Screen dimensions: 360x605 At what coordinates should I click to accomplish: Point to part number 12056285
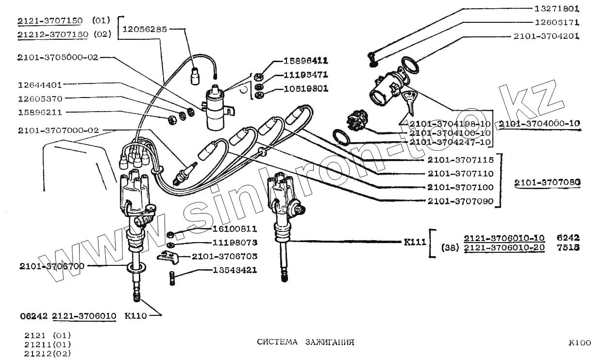145,29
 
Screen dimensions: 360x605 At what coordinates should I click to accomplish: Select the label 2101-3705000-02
58,57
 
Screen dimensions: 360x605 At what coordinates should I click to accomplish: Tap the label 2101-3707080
548,183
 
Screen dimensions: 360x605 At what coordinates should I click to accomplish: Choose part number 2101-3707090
460,201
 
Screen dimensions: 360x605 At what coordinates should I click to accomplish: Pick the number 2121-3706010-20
504,248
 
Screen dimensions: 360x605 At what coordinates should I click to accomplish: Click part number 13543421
235,270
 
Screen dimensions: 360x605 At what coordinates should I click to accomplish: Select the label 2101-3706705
224,256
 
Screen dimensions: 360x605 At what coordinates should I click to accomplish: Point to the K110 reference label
135,316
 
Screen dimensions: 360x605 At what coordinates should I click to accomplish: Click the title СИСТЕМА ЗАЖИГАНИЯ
305,342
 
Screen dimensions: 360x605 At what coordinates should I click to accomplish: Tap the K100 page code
580,343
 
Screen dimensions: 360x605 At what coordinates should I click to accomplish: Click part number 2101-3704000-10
539,123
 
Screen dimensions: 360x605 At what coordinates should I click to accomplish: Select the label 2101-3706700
52,266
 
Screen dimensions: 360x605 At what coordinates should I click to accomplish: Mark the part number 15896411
305,61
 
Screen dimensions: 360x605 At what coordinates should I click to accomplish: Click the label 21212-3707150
53,34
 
